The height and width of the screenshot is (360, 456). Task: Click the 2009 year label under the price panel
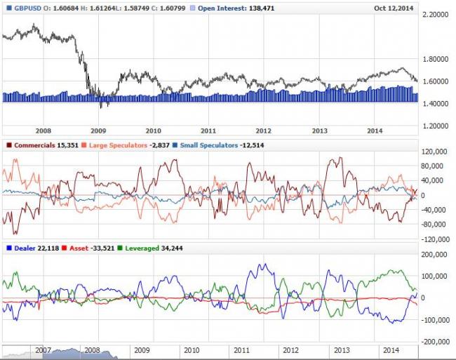98,131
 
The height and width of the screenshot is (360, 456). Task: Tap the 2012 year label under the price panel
263,131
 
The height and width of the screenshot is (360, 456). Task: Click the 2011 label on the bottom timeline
241,349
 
